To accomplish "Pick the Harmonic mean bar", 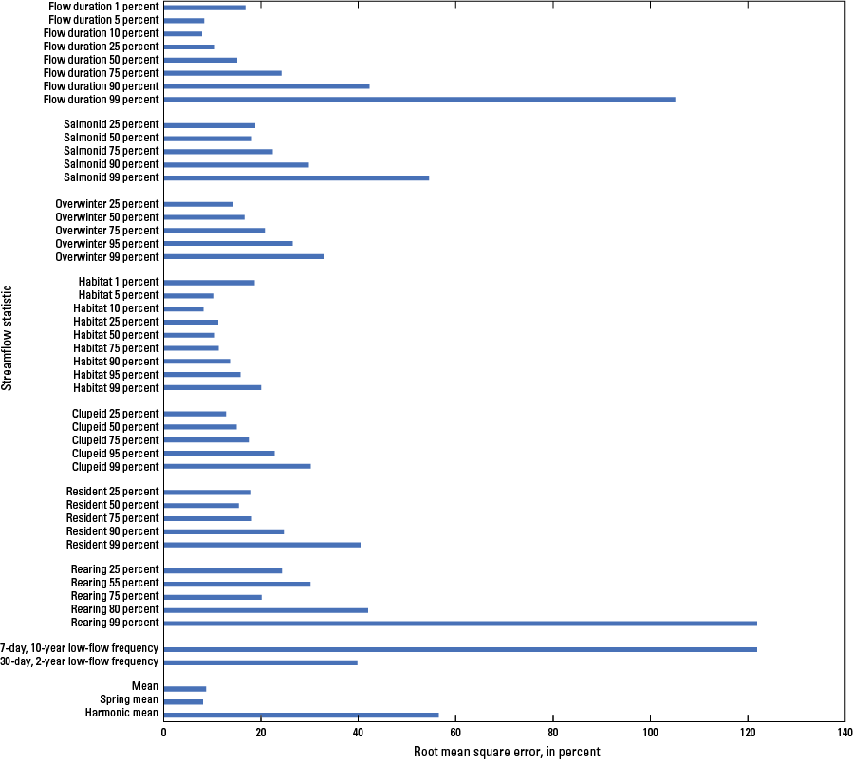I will pyautogui.click(x=301, y=715).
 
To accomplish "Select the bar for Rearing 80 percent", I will pyautogui.click(x=266, y=609).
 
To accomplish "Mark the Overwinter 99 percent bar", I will pyautogui.click(x=244, y=256).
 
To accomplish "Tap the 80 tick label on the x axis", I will pyautogui.click(x=553, y=733).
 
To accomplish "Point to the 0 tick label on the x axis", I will pyautogui.click(x=164, y=733).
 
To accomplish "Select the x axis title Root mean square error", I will pyautogui.click(x=507, y=752).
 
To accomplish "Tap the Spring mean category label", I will pyautogui.click(x=129, y=701).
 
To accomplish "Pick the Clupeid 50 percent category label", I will pyautogui.click(x=115, y=427).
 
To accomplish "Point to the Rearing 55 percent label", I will pyautogui.click(x=115, y=583).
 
